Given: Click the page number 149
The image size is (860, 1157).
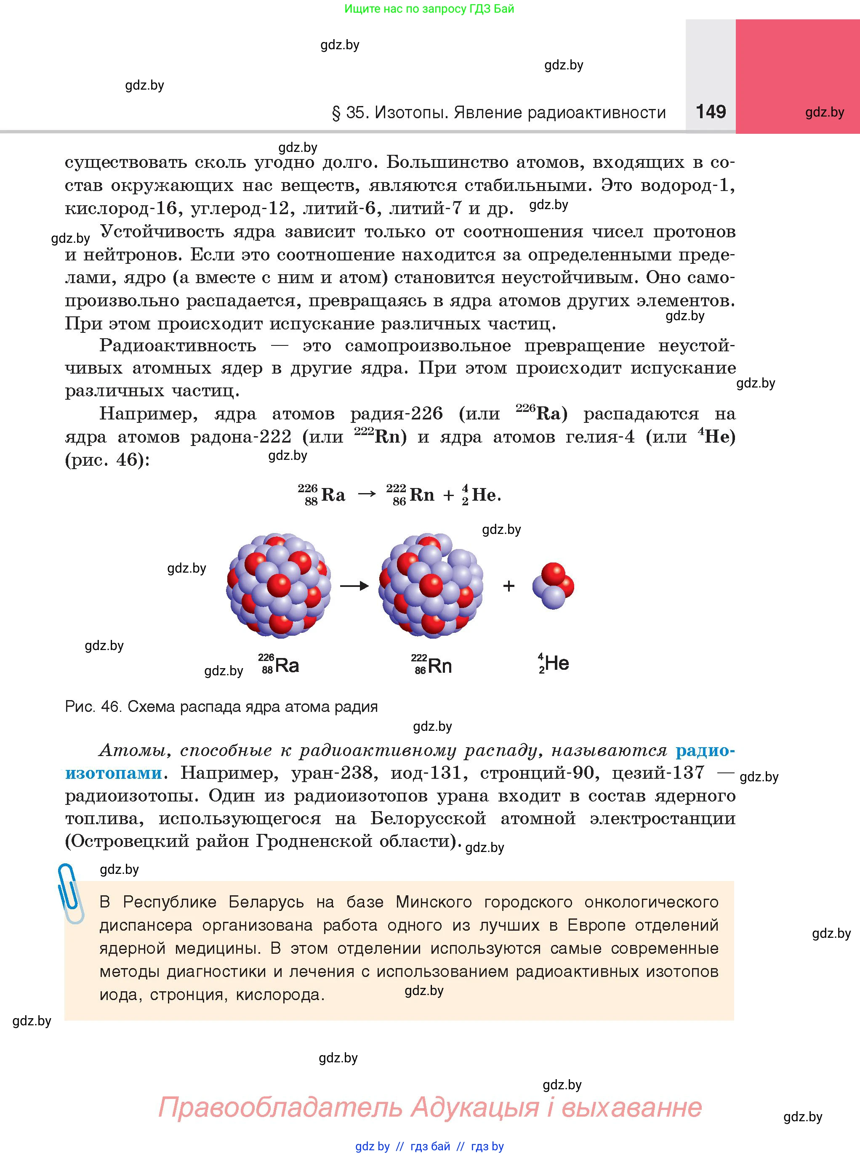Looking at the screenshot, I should click(x=711, y=111).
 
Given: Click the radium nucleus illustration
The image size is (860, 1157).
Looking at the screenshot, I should click(x=279, y=585).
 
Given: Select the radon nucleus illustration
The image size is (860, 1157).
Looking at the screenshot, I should click(x=431, y=585).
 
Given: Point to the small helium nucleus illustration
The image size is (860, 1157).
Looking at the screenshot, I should click(x=553, y=586).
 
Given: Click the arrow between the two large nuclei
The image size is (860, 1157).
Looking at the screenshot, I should click(x=354, y=586).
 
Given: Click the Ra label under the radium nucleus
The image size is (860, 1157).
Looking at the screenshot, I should click(x=286, y=665).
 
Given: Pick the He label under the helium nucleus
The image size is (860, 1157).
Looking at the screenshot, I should click(x=556, y=663).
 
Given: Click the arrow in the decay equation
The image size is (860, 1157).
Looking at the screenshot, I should click(x=367, y=494).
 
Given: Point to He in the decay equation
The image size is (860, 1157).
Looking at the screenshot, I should click(x=484, y=495).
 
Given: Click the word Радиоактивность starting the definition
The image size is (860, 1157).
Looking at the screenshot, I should click(x=178, y=345).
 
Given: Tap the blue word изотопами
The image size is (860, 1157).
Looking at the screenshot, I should click(x=114, y=773).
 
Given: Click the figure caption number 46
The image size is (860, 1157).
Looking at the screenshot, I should click(x=111, y=706).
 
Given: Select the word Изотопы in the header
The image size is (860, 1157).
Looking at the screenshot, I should click(x=411, y=112).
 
